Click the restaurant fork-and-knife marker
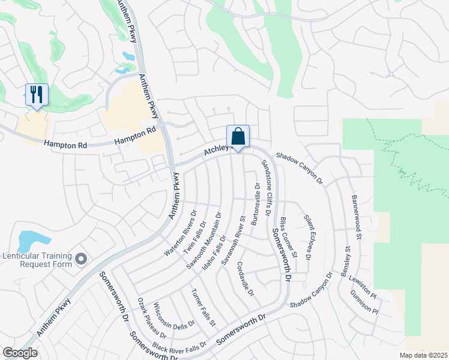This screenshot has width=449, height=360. [x=37, y=95]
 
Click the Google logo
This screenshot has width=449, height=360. [x=20, y=353]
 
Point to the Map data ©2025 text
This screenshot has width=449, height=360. [x=423, y=355]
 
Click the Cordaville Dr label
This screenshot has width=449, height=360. [x=246, y=278]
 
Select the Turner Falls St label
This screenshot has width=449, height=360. [x=203, y=307]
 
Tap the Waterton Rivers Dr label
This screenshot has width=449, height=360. [x=181, y=233]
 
